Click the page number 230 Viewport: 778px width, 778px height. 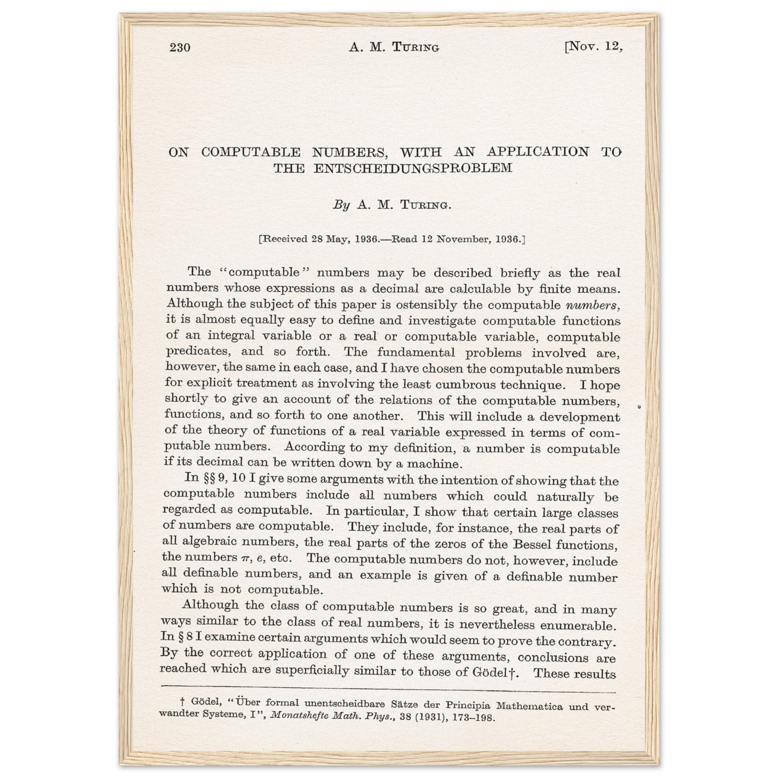tap(180, 48)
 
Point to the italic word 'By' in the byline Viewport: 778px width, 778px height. tap(341, 205)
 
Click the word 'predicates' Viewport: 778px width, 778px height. tap(192, 352)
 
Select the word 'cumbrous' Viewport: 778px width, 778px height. tap(466, 385)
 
